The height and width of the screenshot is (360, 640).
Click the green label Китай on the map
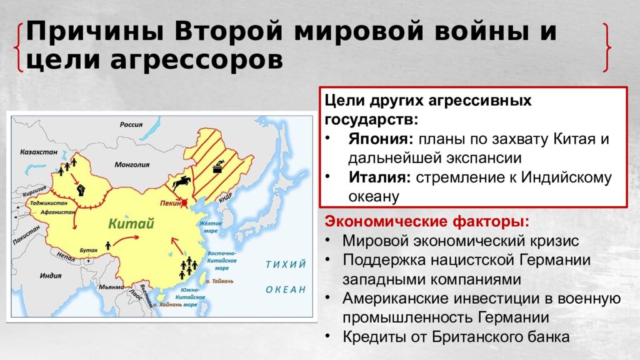(x=131, y=224)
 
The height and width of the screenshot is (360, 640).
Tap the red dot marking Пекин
(x=184, y=202)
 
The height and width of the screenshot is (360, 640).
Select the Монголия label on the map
(x=132, y=165)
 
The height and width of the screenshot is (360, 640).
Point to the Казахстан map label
(x=39, y=152)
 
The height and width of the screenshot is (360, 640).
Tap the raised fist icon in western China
(x=81, y=190)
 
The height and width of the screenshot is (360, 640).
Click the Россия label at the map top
(x=131, y=124)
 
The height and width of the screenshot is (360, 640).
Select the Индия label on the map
(x=51, y=276)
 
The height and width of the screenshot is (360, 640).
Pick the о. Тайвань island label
(x=219, y=281)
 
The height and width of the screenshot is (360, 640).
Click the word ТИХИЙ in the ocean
(x=286, y=264)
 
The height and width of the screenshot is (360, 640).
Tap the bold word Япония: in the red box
(x=381, y=139)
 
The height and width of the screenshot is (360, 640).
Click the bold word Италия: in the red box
(x=379, y=177)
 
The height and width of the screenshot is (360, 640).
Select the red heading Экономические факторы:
(x=427, y=222)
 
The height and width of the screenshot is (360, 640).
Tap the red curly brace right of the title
(x=607, y=47)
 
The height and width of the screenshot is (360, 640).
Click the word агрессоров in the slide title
(x=196, y=61)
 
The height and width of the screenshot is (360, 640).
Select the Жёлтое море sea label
(x=211, y=227)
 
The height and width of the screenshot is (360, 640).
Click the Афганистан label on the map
(x=58, y=212)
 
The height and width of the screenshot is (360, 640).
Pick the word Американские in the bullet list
(x=396, y=299)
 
